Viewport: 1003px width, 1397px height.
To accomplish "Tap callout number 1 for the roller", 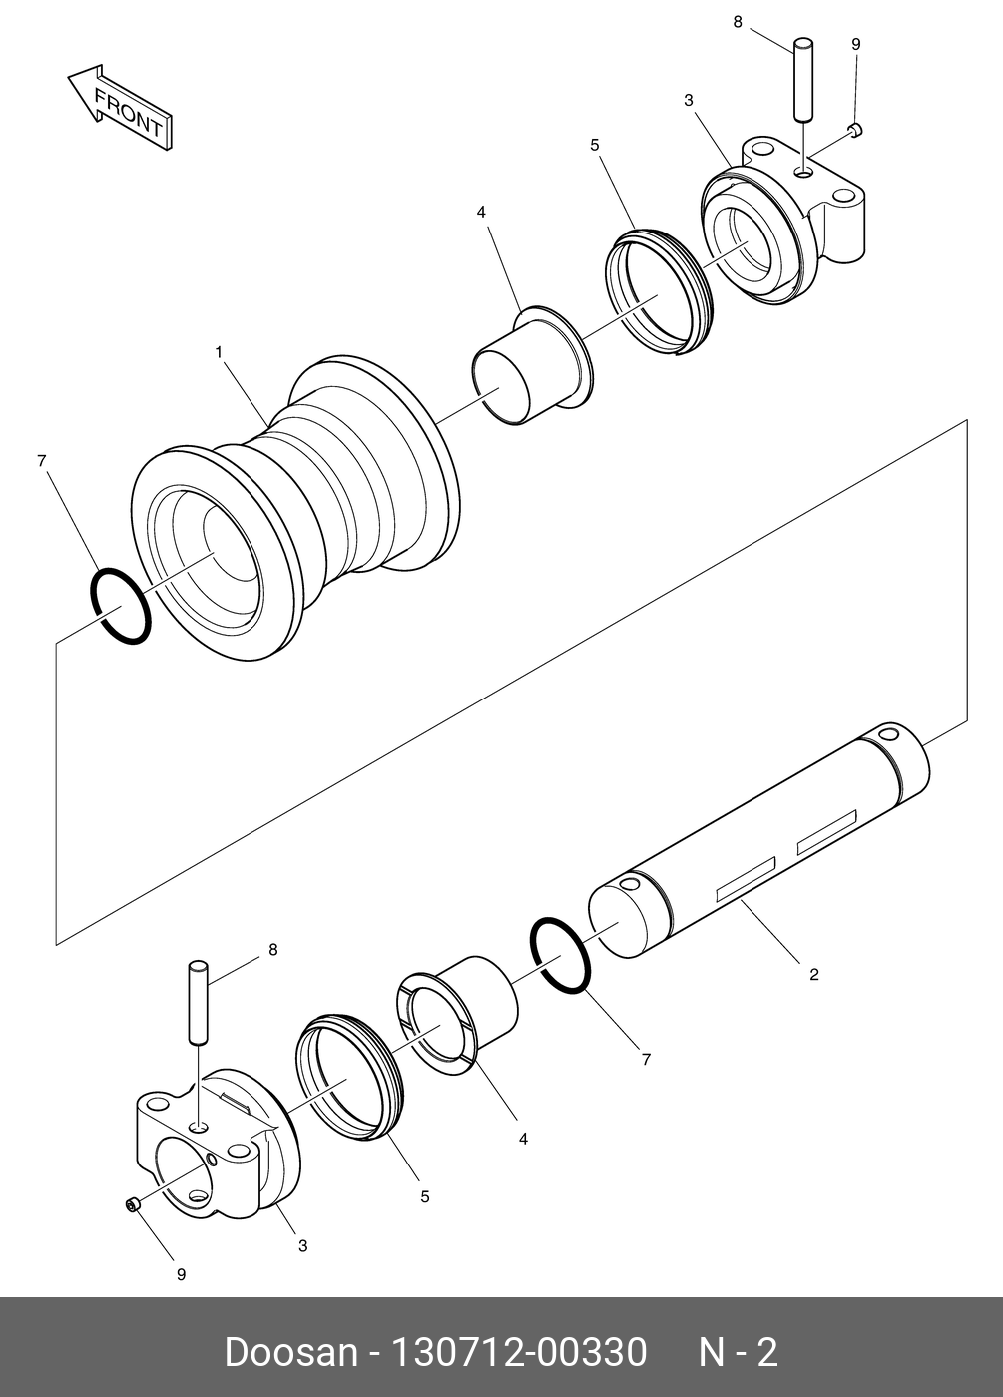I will click(218, 352).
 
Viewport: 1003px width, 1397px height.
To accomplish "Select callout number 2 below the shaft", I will click(813, 974).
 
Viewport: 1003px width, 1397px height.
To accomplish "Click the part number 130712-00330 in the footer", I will click(518, 1353).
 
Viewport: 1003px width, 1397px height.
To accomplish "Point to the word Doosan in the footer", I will click(290, 1353).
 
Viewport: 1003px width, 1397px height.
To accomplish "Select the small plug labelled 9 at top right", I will click(855, 128).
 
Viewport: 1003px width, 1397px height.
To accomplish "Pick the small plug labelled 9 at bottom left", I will click(132, 1206).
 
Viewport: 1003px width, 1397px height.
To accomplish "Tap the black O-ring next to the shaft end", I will click(560, 955).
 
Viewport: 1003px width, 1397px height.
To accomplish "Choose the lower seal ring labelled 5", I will click(349, 1078).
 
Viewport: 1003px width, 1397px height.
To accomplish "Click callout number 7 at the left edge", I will click(41, 460).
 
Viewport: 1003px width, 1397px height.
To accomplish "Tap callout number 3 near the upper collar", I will click(689, 100).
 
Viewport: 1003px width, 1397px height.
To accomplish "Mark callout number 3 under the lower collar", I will click(302, 1245).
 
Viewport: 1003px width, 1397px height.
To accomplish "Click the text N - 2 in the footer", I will click(737, 1353).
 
